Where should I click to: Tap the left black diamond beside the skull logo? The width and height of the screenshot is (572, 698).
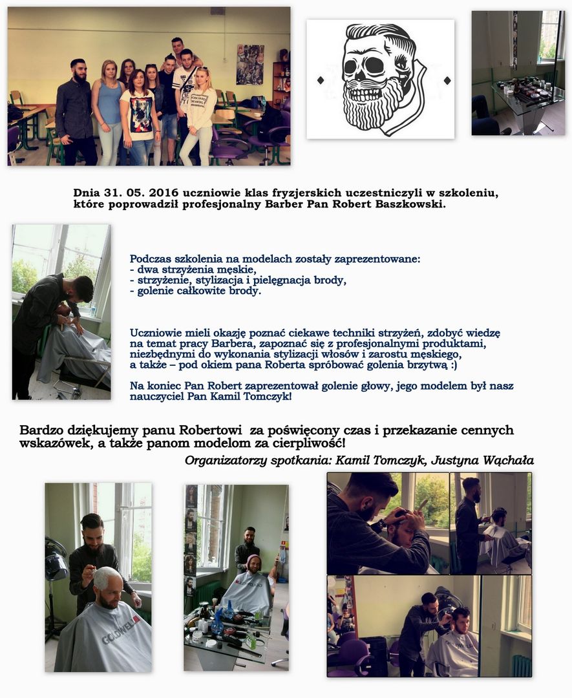tap(319, 80)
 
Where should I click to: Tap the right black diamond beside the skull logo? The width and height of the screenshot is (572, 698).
tap(447, 81)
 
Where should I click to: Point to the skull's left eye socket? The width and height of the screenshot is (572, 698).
tap(351, 67)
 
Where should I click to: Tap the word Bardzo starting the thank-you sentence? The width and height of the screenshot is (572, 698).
tap(41, 430)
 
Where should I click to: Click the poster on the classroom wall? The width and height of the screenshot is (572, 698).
tap(249, 65)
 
